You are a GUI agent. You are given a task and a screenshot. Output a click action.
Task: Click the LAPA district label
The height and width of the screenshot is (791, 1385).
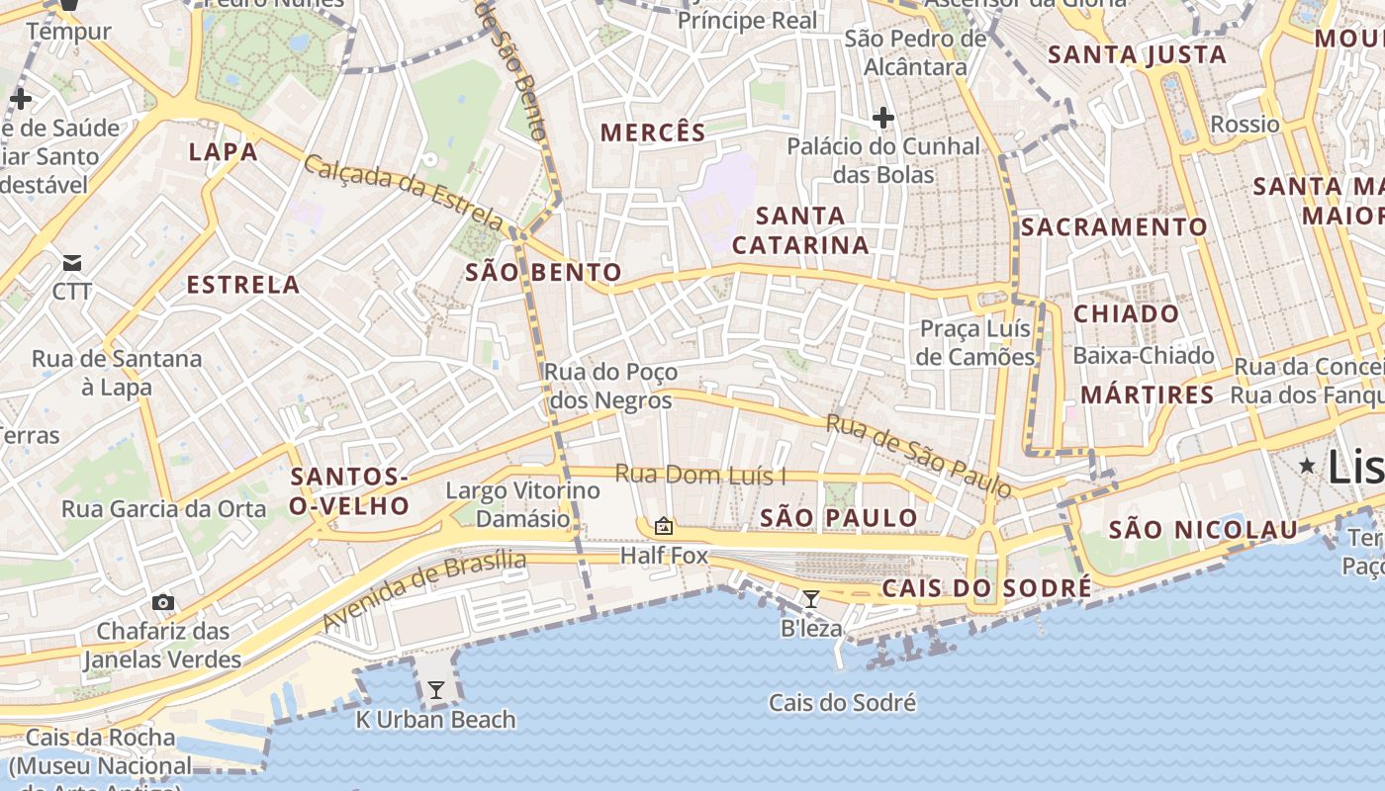coord(223,152)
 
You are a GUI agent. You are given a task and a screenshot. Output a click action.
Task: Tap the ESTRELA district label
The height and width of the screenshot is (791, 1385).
coord(243,285)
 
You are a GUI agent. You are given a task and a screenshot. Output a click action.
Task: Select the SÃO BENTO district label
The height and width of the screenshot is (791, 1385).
coord(544,273)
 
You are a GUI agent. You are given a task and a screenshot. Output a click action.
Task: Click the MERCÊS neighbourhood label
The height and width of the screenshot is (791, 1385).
coord(653,132)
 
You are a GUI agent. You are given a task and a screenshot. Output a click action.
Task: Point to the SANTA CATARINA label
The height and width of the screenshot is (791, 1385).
coord(800,230)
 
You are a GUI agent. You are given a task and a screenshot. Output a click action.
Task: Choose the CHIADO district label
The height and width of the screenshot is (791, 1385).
coord(1127,314)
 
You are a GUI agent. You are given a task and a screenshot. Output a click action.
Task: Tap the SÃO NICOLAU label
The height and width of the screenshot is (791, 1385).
coord(1202,530)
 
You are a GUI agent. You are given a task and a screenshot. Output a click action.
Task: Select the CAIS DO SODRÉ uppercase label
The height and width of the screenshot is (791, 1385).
coord(986,588)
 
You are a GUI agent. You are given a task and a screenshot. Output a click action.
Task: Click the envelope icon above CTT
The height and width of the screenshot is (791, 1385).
coord(72,263)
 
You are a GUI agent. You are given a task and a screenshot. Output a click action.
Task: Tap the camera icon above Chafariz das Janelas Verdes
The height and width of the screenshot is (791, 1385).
coord(163,602)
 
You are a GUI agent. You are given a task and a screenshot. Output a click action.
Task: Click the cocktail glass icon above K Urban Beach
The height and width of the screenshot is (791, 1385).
coord(435,689)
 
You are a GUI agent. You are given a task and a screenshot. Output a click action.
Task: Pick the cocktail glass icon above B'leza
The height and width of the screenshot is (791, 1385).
coord(811,598)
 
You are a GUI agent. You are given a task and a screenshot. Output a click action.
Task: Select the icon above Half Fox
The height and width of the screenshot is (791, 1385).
coord(664,526)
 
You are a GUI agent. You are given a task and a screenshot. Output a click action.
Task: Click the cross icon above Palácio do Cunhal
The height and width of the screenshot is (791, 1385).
coord(882,119)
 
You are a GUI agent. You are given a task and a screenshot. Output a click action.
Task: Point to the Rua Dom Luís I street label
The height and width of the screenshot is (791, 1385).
coord(700,476)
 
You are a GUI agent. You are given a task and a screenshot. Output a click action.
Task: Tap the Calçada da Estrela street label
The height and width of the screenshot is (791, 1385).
coord(404,192)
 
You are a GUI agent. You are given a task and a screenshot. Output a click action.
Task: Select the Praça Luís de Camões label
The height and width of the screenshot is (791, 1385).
coord(975,342)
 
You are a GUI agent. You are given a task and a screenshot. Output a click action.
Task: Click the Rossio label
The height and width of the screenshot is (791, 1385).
coord(1245,125)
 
